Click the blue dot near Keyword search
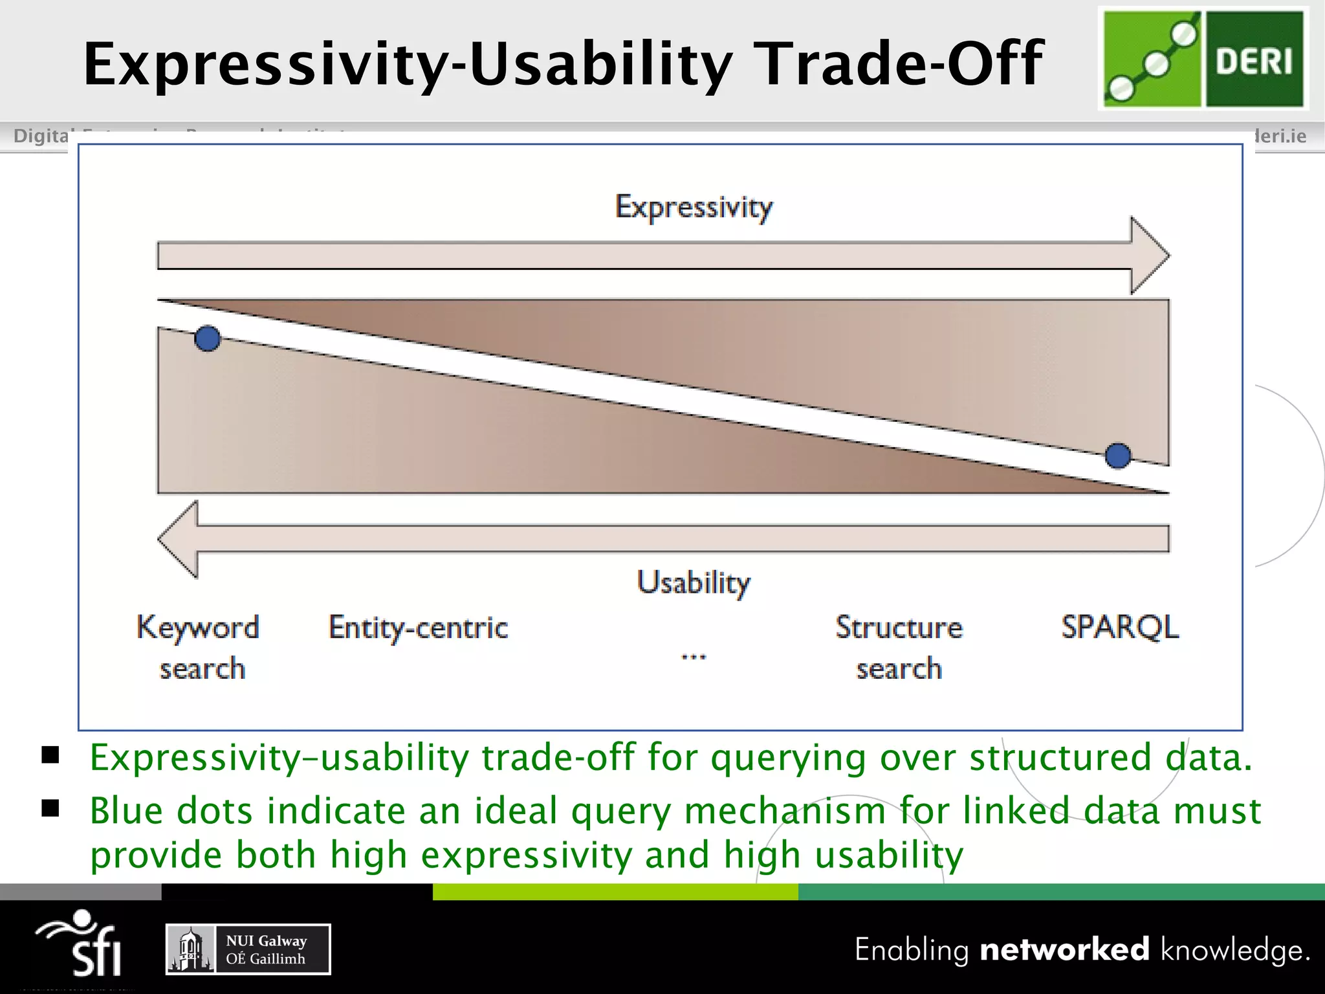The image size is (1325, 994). (x=207, y=338)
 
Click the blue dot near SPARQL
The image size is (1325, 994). (x=1117, y=456)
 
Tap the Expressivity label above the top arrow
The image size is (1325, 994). (x=694, y=207)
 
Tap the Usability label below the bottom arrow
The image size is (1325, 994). (x=694, y=582)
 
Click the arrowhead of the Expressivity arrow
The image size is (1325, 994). (x=1149, y=256)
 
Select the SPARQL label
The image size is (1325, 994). (x=1120, y=627)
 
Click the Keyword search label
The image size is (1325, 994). (x=199, y=647)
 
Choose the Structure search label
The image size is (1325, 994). (x=899, y=647)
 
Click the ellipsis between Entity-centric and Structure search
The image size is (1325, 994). (x=694, y=657)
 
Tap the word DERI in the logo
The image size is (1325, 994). (x=1253, y=61)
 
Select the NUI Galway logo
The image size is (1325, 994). (x=248, y=949)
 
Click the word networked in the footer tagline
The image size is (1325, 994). (x=1064, y=950)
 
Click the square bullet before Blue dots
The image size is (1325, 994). (x=50, y=808)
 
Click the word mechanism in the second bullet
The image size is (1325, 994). (x=785, y=811)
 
